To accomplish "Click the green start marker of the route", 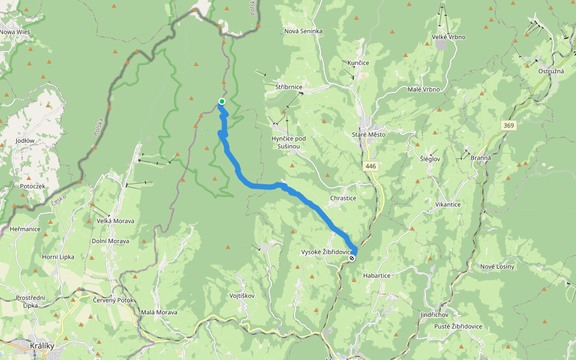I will (x=222, y=101).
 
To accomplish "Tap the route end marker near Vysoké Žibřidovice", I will (x=352, y=258).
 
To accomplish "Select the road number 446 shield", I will (x=370, y=165).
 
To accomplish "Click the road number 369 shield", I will (x=509, y=125).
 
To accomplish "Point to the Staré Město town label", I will (x=368, y=134).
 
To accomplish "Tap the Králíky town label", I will (x=42, y=346).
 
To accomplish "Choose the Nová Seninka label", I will (x=304, y=31).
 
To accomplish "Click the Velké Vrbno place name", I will (x=449, y=37).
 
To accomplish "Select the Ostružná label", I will (x=551, y=71).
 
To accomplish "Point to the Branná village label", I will (x=482, y=158).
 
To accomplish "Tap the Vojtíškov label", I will (x=242, y=296).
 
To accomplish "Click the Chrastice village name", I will (x=343, y=198).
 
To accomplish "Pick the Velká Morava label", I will (x=116, y=221).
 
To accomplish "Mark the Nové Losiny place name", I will (x=497, y=266).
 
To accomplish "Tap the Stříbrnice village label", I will (x=289, y=88).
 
